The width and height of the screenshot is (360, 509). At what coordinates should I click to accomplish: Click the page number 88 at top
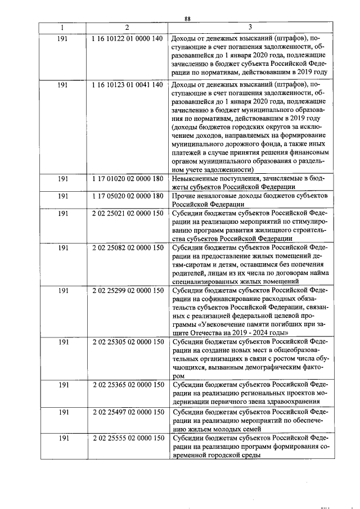click(187, 19)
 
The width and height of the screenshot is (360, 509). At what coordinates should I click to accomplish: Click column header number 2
click(127, 28)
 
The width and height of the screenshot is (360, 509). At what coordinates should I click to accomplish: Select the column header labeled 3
click(249, 28)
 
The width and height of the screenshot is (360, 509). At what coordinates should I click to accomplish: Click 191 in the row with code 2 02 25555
click(63, 438)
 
